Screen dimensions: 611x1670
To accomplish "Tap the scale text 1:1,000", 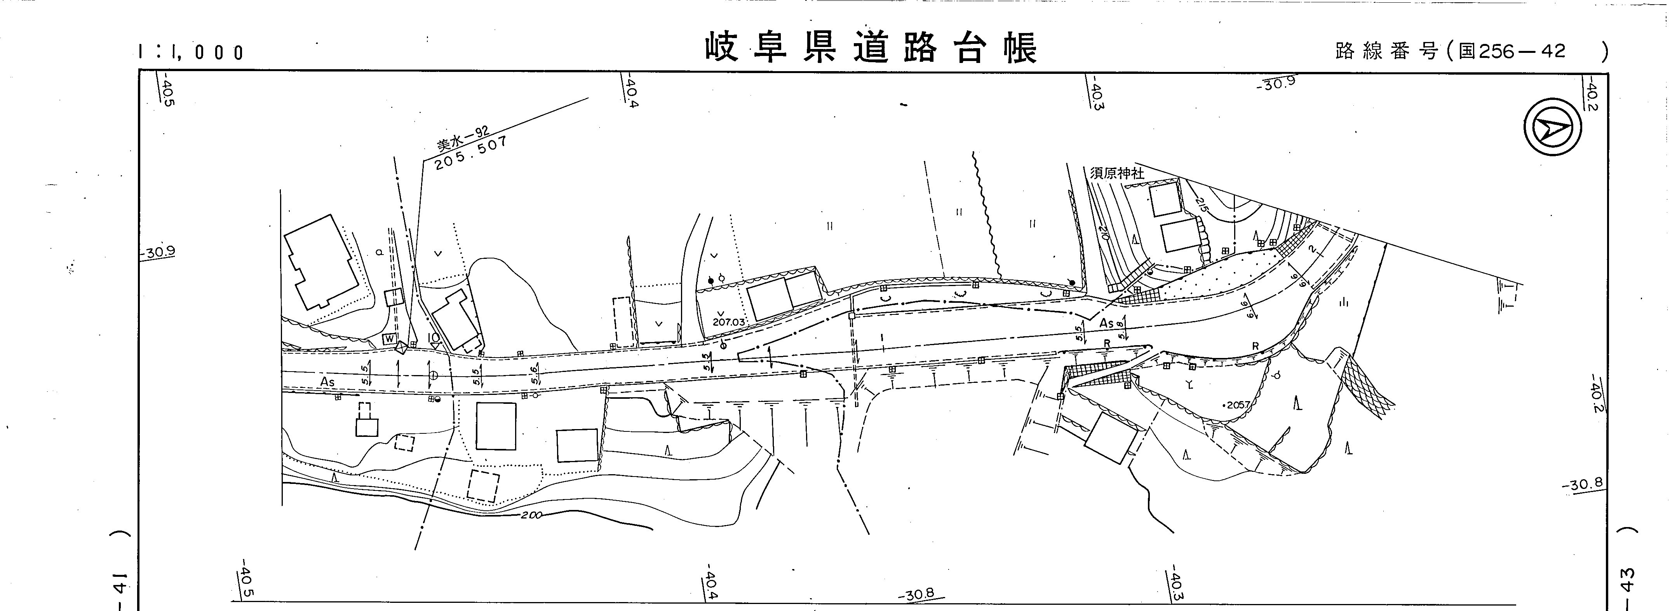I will pos(191,52).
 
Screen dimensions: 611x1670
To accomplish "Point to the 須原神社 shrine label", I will pos(1116,173).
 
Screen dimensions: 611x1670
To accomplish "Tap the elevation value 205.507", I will pos(471,153).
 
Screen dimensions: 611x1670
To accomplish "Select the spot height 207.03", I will pos(729,321).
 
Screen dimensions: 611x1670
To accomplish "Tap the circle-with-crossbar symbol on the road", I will pos(433,375).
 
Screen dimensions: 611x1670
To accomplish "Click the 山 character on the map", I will pos(1343,302).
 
